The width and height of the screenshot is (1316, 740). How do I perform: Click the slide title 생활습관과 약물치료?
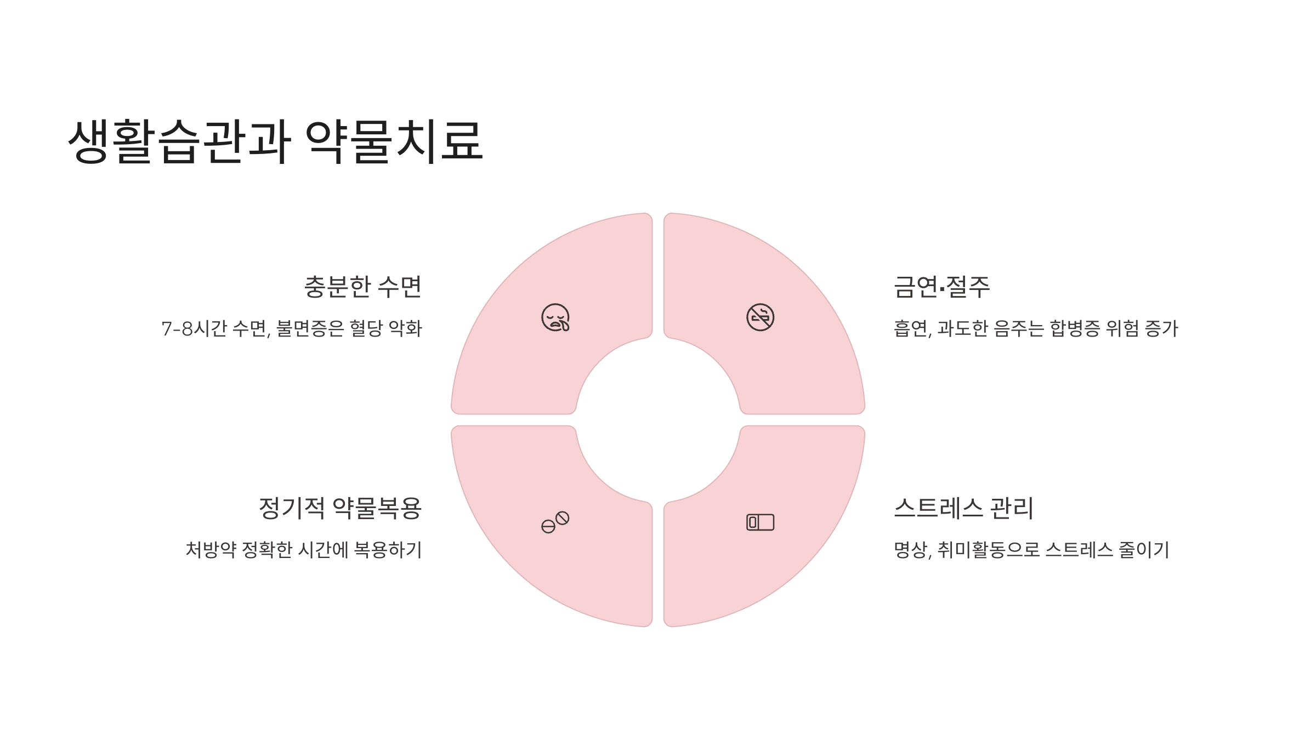275,141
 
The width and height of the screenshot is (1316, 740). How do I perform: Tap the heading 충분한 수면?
362,287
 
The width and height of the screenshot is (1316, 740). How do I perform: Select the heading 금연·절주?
941,287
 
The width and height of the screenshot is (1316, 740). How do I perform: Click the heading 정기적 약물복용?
340,508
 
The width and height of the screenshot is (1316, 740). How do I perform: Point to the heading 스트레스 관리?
963,508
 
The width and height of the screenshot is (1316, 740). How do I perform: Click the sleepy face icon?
555,317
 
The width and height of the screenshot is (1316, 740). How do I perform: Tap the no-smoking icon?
760,317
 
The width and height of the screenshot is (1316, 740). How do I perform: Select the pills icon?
555,522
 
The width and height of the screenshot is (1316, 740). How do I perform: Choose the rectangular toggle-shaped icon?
760,522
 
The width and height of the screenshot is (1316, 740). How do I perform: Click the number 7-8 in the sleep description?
177,329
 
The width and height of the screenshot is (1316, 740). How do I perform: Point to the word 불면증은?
310,329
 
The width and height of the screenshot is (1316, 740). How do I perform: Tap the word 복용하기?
388,550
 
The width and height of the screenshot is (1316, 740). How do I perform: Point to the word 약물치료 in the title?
393,141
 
